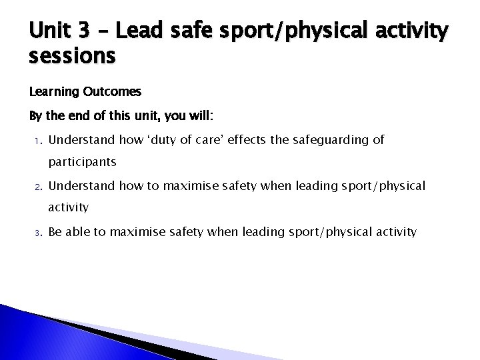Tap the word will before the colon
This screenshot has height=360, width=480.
click(198, 116)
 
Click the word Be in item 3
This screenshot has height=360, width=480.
click(56, 232)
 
